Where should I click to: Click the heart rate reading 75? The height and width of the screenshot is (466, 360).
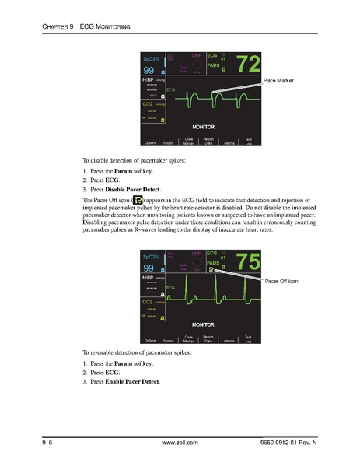(x=242, y=262)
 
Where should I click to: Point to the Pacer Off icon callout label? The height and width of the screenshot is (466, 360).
(x=285, y=280)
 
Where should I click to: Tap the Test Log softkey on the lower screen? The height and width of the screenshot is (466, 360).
(x=247, y=339)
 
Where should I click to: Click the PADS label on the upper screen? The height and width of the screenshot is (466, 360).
(x=215, y=66)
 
